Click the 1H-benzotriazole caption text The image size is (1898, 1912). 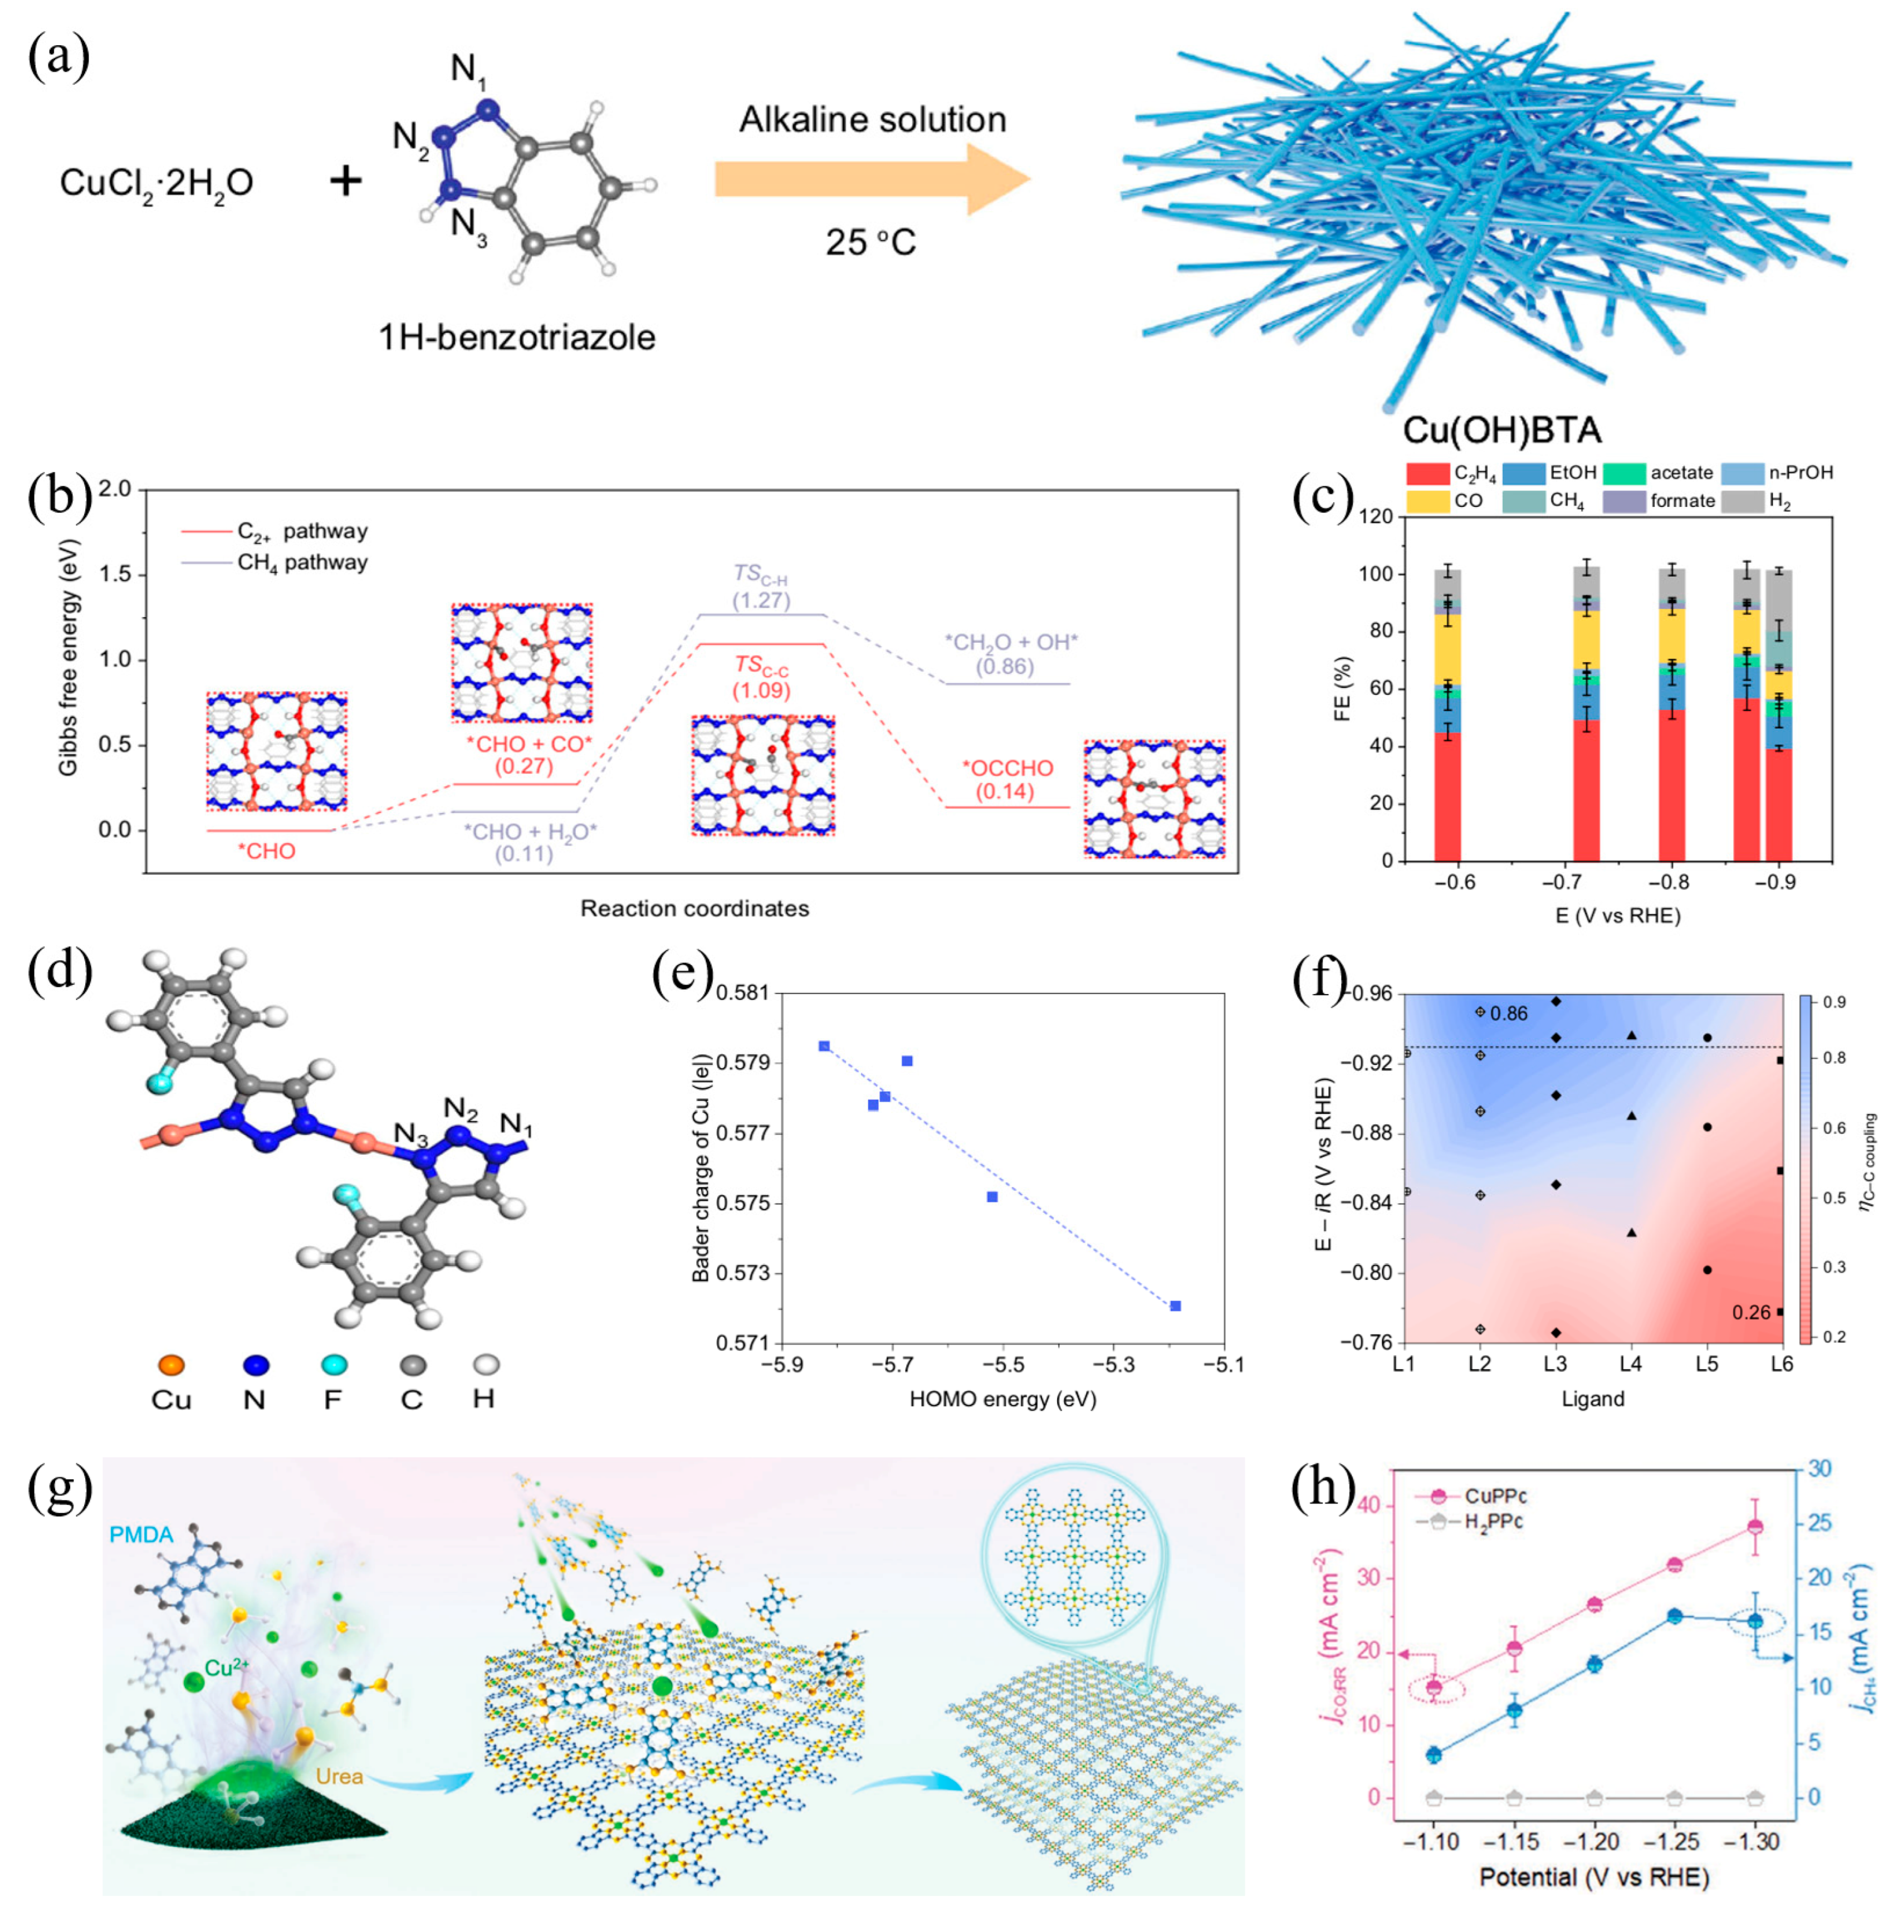coord(517,338)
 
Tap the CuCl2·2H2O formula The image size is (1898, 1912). coord(156,183)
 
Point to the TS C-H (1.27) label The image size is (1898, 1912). coord(760,587)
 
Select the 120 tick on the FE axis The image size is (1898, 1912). coord(1376,517)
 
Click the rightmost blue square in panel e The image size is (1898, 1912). coord(1176,1307)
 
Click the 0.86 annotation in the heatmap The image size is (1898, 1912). coord(1508,1014)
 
